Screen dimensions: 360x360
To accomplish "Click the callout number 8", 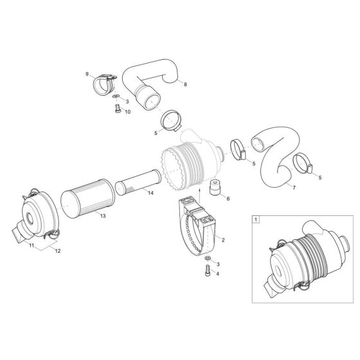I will click(x=186, y=84).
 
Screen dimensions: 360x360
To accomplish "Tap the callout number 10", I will click(x=127, y=112).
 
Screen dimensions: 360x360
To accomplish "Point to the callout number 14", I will click(x=150, y=193).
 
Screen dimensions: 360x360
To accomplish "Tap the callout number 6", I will click(x=228, y=199).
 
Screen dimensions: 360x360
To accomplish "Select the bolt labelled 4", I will click(x=206, y=272).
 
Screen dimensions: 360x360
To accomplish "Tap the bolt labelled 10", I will click(x=116, y=111).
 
